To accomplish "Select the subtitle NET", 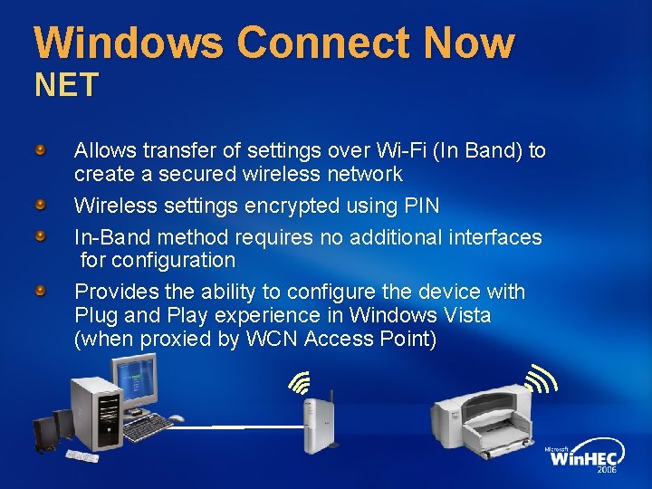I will [x=66, y=86].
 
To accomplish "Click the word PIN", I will [x=419, y=206].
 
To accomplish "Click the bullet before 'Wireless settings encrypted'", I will [x=41, y=205].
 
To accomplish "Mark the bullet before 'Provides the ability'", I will [x=41, y=291].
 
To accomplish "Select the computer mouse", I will [x=176, y=418].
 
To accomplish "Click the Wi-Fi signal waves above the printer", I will [x=541, y=379].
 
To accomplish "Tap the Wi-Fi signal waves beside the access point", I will [x=299, y=382].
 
